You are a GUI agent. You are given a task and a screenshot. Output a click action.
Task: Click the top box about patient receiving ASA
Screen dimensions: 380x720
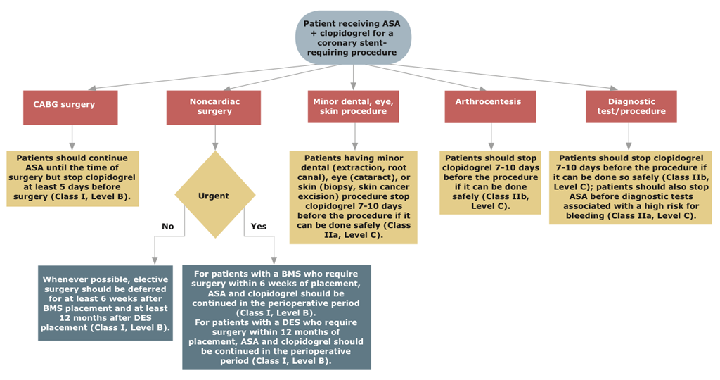tap(353, 37)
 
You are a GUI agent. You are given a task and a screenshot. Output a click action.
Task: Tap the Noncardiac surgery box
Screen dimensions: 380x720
tap(214, 107)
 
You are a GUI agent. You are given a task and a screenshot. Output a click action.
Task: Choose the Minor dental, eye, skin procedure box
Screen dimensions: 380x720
tap(353, 107)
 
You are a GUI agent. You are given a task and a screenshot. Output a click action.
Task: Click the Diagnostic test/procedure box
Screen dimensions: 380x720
tap(631, 107)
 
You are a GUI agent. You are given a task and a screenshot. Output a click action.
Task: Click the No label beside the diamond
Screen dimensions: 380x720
tap(167, 227)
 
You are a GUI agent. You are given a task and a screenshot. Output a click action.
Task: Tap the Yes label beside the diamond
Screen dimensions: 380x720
tap(259, 227)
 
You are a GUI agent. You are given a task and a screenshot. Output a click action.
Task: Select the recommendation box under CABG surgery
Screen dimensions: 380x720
tap(72, 178)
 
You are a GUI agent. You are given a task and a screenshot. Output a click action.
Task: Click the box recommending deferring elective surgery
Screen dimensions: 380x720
tap(105, 303)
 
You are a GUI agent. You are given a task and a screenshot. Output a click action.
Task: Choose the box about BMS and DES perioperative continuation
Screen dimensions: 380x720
tap(276, 317)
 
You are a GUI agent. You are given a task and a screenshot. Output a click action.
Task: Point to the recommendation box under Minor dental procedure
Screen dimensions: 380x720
tap(353, 197)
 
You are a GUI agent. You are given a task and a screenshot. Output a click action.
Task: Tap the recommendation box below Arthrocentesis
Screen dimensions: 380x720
tap(490, 182)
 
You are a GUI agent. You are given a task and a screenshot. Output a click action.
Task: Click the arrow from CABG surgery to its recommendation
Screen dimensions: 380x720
tap(72, 137)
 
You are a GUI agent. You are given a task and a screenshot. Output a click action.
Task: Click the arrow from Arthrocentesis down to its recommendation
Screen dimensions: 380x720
tap(491, 137)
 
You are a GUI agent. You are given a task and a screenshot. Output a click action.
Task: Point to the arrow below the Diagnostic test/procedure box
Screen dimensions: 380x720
tap(629, 137)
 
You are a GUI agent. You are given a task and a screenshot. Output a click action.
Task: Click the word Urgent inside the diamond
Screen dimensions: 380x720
tap(214, 196)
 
